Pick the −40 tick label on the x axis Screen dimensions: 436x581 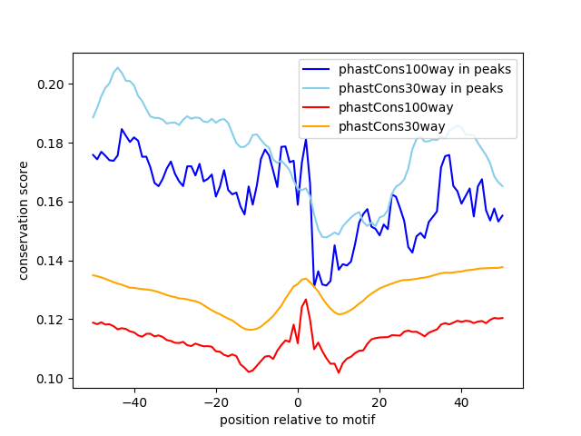[x=134, y=402]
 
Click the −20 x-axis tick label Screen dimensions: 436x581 [x=216, y=402]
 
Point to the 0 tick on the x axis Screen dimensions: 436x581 [x=298, y=402]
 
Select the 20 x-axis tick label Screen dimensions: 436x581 [x=379, y=402]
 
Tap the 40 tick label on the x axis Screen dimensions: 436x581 [x=461, y=402]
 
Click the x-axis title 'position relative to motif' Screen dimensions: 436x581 [x=297, y=420]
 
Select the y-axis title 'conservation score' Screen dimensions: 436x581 [x=24, y=221]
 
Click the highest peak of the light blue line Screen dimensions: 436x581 [x=118, y=67]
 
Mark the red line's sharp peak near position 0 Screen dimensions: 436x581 [x=306, y=299]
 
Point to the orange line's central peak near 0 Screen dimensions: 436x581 [x=304, y=279]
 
